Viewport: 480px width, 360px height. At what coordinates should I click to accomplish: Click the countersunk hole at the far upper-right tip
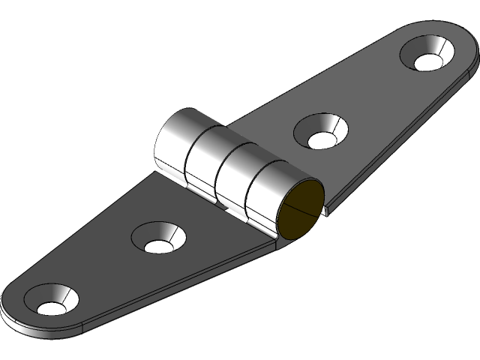coord(427,57)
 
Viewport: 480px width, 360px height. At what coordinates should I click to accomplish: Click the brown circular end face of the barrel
coord(300,210)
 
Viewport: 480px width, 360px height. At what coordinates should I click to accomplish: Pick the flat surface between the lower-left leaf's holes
coord(105,270)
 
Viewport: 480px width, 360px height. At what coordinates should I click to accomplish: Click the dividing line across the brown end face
coord(300,211)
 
